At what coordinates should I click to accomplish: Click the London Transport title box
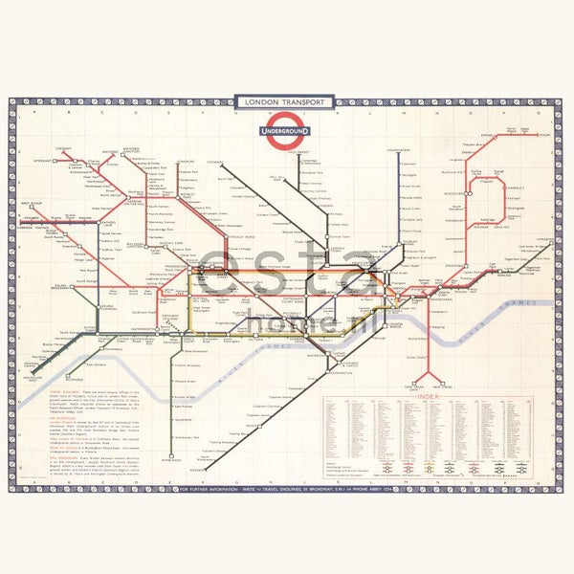(284, 101)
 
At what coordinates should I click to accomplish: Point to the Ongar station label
(543, 135)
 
